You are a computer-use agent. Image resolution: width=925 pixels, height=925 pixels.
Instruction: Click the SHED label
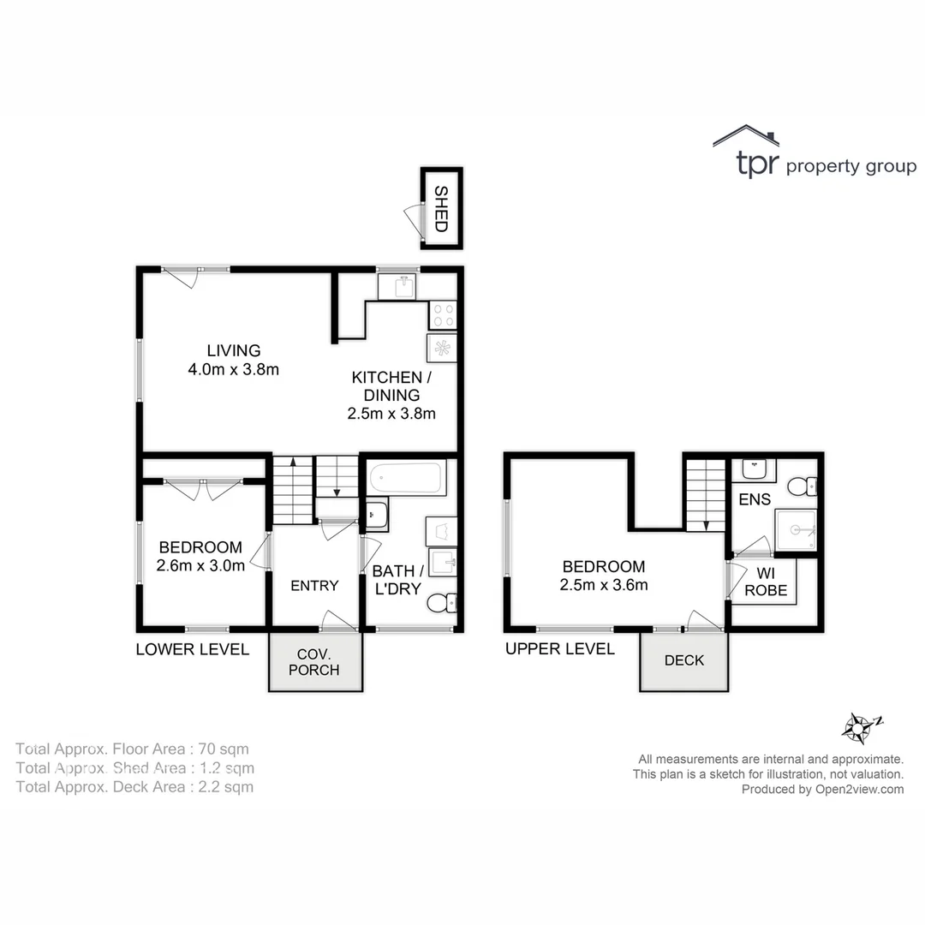pos(441,209)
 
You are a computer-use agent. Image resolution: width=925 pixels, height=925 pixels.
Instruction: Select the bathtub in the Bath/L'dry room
pos(407,478)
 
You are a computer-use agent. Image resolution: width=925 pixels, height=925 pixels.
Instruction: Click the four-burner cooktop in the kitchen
pos(442,314)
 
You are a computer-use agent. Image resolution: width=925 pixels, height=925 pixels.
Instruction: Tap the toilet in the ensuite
pos(802,486)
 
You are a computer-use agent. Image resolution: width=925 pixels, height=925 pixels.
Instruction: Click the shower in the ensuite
pos(796,530)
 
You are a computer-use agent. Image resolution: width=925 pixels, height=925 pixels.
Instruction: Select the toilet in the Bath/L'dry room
pos(441,604)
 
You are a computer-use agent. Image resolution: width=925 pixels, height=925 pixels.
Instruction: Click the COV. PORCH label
pos(313,661)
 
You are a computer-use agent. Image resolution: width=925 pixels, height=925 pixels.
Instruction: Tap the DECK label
pos(683,660)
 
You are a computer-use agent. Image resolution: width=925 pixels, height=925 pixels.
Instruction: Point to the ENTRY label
pos(314,586)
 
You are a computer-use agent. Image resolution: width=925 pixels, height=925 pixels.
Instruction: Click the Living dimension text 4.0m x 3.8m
pos(234,370)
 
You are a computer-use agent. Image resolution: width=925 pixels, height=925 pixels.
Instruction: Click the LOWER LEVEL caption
pos(192,649)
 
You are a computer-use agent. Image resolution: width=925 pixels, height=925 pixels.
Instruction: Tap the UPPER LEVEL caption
pos(559,649)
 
